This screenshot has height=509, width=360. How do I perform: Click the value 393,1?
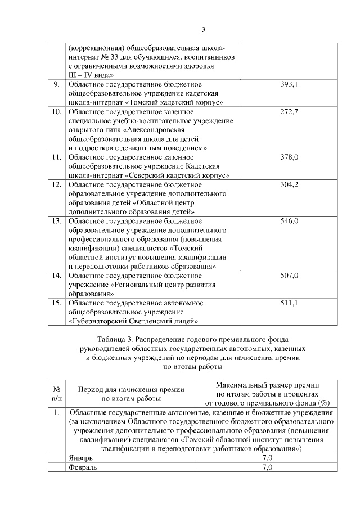click(x=289, y=84)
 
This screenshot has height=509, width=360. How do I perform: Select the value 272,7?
click(x=289, y=111)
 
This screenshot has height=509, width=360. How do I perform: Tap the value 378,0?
click(x=289, y=157)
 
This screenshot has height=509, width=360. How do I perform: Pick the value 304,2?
click(x=289, y=184)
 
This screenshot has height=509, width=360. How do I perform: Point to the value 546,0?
click(x=289, y=221)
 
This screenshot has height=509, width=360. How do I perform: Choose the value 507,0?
click(x=289, y=276)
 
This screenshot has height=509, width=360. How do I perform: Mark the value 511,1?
click(x=289, y=303)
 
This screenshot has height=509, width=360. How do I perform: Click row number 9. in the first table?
click(x=56, y=84)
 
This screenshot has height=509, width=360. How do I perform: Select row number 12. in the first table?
click(x=56, y=184)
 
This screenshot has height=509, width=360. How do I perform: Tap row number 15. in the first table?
click(x=56, y=303)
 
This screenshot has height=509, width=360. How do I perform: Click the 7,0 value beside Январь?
click(x=267, y=458)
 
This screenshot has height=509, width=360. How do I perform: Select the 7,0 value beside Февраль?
click(x=267, y=467)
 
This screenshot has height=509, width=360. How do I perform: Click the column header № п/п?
click(x=56, y=394)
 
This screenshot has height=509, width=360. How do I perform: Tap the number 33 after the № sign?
click(x=121, y=57)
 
